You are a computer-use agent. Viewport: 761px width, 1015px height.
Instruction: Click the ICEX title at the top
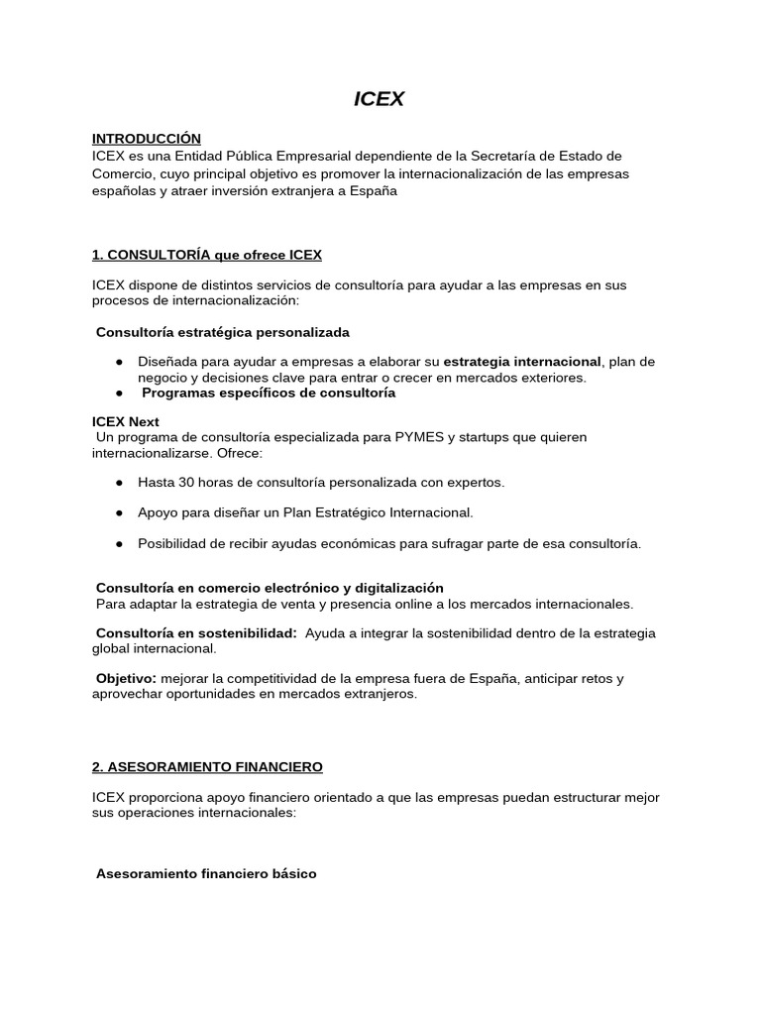click(380, 99)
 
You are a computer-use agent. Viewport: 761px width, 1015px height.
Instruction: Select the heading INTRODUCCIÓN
click(146, 139)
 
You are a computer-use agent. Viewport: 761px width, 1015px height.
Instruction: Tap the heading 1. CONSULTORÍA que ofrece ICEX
click(206, 255)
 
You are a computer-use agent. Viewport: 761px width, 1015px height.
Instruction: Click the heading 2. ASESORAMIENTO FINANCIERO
click(206, 767)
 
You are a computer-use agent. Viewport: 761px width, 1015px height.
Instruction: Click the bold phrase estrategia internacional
click(522, 362)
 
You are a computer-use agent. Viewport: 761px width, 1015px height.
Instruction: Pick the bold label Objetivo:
click(126, 679)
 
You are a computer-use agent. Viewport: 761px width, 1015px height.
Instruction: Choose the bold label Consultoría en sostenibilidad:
click(196, 633)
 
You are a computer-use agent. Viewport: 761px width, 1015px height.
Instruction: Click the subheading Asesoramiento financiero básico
click(206, 874)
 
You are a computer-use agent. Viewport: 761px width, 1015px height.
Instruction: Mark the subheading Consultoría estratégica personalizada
click(222, 332)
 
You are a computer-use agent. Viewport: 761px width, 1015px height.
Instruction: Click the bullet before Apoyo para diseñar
click(119, 513)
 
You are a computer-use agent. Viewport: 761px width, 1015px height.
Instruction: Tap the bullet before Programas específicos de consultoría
click(119, 393)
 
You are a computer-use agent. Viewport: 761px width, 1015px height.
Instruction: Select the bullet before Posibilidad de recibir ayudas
click(119, 544)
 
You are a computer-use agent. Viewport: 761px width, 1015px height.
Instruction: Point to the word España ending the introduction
click(373, 191)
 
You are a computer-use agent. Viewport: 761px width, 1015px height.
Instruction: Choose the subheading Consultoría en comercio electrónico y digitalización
click(270, 588)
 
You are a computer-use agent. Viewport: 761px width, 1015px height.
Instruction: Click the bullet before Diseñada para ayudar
click(119, 362)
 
